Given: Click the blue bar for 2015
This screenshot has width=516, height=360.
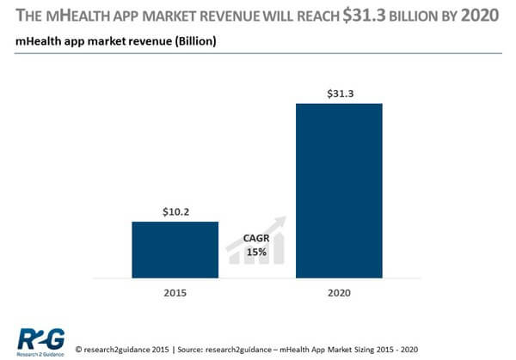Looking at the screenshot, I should click(175, 249).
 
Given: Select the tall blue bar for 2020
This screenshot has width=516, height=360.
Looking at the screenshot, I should click(339, 191).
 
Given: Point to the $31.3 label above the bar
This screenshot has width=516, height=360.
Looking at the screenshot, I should click(339, 93).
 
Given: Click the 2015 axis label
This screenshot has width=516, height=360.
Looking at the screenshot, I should click(175, 291).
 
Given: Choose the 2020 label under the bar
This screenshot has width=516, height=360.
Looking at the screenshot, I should click(339, 291).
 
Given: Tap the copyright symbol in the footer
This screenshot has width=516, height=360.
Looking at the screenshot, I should click(80, 350).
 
